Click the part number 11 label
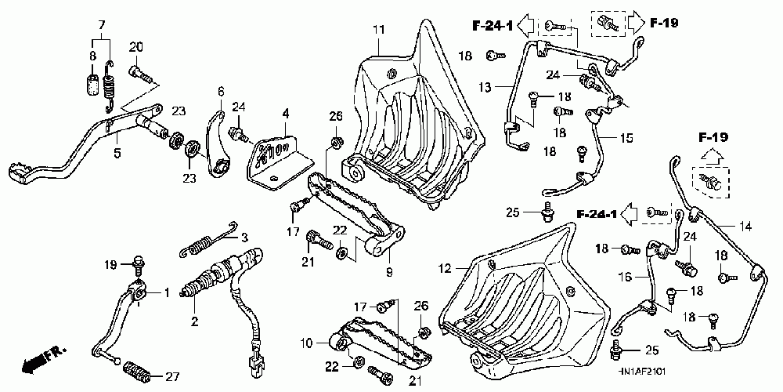point(378,30)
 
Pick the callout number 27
point(172,376)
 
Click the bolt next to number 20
point(142,74)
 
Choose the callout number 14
point(745,226)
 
